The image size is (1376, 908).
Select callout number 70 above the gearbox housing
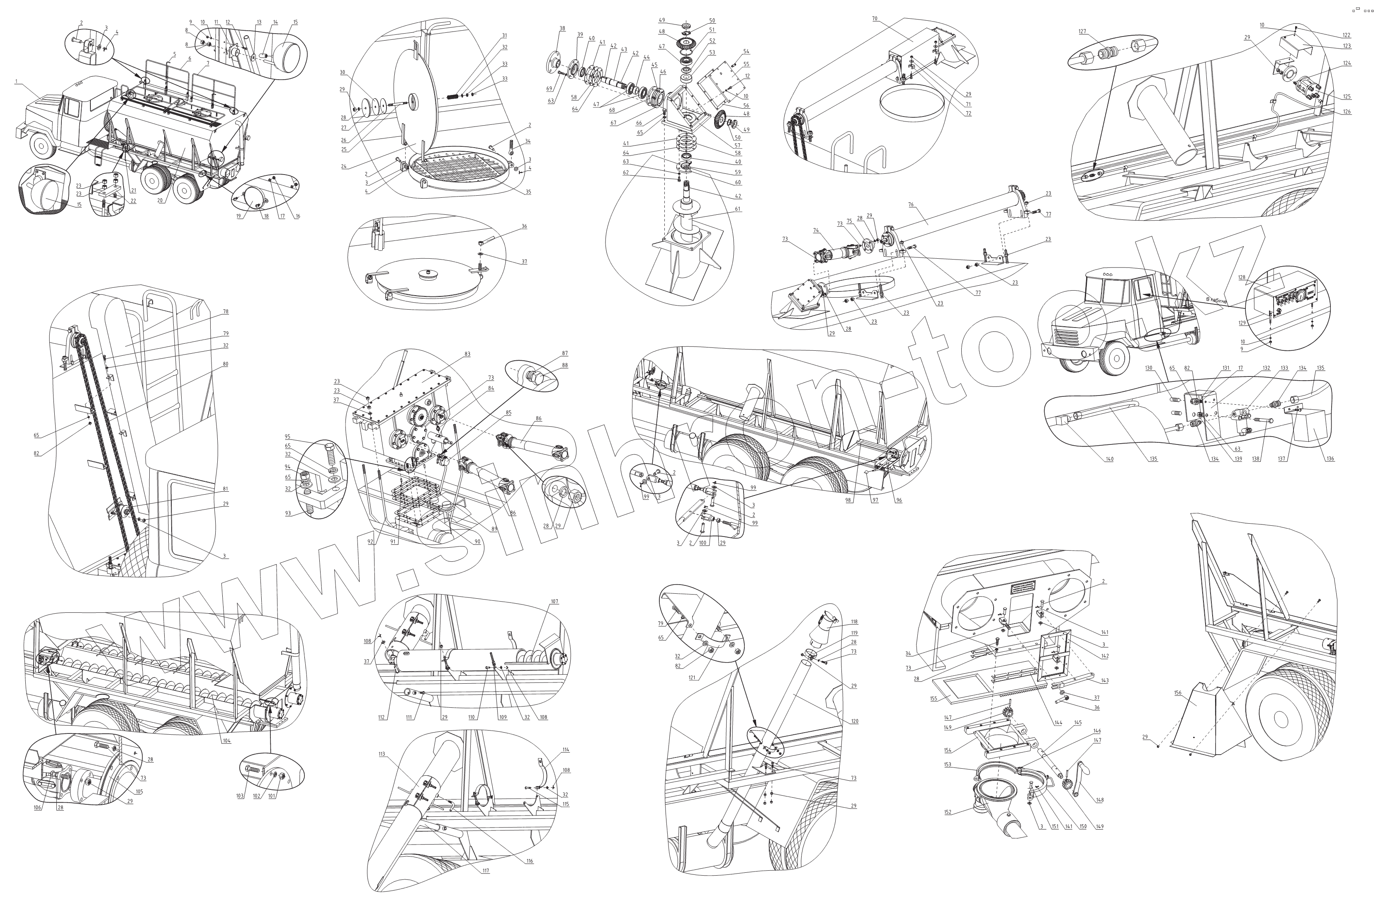[875, 19]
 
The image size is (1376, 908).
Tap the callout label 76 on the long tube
[911, 204]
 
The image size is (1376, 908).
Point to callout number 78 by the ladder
[225, 311]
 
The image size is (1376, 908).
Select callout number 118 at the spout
[854, 622]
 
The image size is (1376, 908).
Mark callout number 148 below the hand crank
[1099, 800]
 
